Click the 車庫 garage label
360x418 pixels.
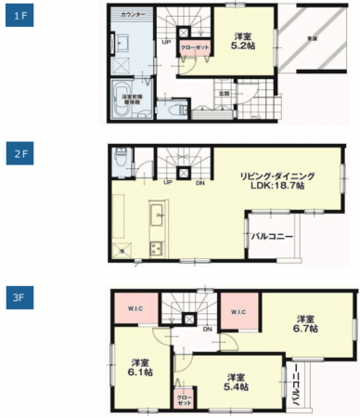(311, 39)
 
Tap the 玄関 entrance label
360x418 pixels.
(224, 93)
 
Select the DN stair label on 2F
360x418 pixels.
(200, 182)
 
